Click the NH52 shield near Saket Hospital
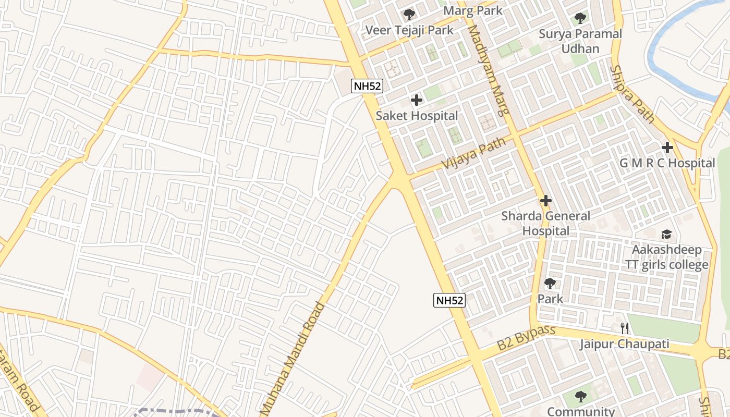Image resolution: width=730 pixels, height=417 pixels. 367,86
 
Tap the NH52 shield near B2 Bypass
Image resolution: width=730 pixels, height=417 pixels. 449,300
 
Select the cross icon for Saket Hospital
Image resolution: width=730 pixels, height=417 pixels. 416,100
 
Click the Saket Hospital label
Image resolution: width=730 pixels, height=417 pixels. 417,116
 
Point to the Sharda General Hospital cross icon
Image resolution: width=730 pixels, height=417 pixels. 546,201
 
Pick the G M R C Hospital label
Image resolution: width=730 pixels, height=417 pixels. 667,163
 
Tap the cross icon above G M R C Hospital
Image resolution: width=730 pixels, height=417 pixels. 667,148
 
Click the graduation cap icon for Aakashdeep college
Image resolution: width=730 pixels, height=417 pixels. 666,234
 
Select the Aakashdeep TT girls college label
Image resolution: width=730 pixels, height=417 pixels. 667,257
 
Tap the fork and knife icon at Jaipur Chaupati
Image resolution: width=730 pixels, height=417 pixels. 625,328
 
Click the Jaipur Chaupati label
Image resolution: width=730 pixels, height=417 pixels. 624,344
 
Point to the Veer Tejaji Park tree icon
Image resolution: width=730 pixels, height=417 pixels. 409,15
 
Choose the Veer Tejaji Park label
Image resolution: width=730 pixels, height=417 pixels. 409,30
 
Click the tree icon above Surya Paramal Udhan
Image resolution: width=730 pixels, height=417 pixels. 580,19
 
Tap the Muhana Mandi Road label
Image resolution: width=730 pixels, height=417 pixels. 293,360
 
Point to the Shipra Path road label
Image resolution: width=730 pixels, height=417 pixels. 632,94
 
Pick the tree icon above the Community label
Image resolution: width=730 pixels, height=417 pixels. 581,397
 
